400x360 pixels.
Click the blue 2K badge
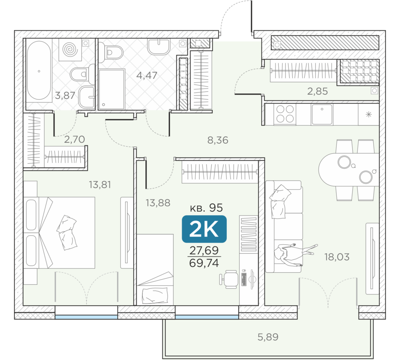tap(204, 229)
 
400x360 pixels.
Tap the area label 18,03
tap(337, 257)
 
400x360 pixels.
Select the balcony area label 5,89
tap(268, 337)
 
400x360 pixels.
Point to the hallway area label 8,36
tap(218, 140)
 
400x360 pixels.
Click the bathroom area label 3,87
tap(65, 96)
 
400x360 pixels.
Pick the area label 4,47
tap(147, 76)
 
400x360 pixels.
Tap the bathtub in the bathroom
tap(39, 70)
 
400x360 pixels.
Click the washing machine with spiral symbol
tap(70, 50)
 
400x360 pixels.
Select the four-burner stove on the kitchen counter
tap(285, 114)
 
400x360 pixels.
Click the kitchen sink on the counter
tap(322, 114)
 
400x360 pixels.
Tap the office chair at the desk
tap(229, 279)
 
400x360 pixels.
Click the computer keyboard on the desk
tap(244, 279)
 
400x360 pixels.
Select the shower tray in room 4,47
tap(112, 89)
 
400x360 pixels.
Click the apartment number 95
tap(216, 208)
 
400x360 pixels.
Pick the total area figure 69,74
tap(204, 263)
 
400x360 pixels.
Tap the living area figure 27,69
tap(204, 250)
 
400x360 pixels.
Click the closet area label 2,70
tap(74, 139)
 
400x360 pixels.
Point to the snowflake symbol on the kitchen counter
tap(369, 114)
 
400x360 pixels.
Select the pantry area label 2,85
tap(318, 91)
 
